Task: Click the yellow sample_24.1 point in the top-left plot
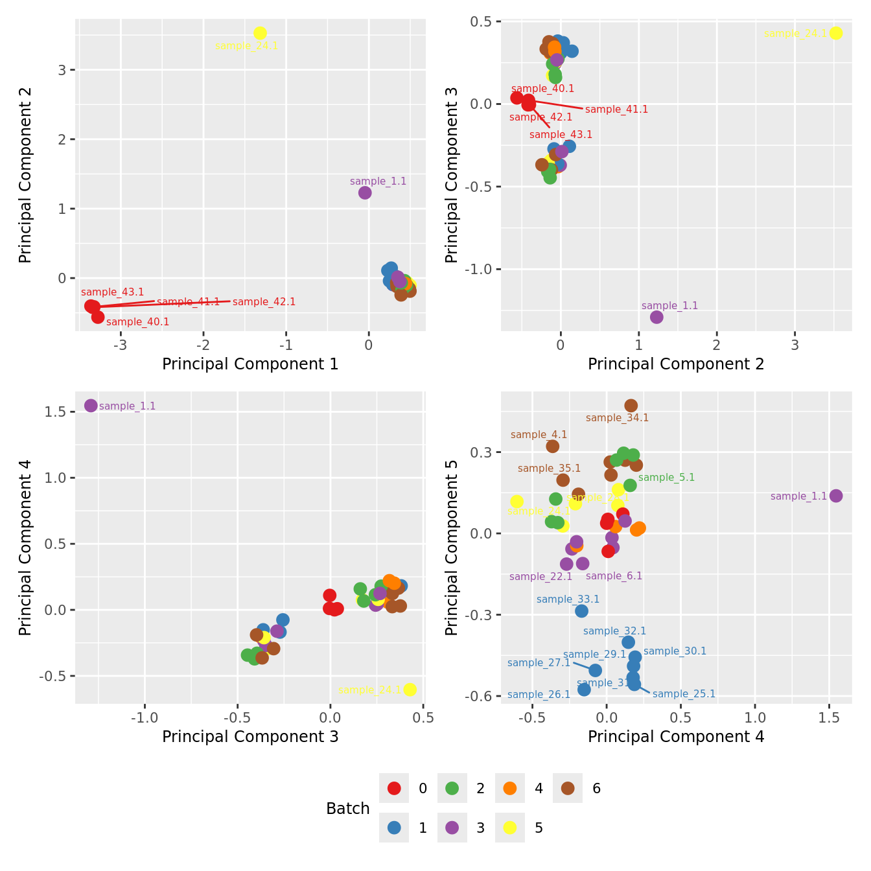coord(260,33)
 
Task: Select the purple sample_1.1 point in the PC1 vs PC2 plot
coord(365,192)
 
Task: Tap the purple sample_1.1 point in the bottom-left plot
coord(91,406)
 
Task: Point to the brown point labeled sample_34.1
coord(631,406)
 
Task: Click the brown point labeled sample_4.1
coord(552,446)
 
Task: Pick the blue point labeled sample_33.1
coord(581,610)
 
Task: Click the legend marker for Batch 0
coord(394,788)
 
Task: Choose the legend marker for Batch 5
coord(510,828)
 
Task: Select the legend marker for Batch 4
coord(510,788)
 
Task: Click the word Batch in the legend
coord(348,809)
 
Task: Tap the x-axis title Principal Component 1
coord(250,364)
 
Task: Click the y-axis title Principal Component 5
coord(452,547)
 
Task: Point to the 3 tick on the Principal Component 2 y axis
coord(62,70)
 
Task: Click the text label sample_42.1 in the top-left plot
coord(264,302)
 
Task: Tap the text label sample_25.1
coord(684,694)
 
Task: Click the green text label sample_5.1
coord(666,478)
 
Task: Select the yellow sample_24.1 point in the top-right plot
coord(835,33)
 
